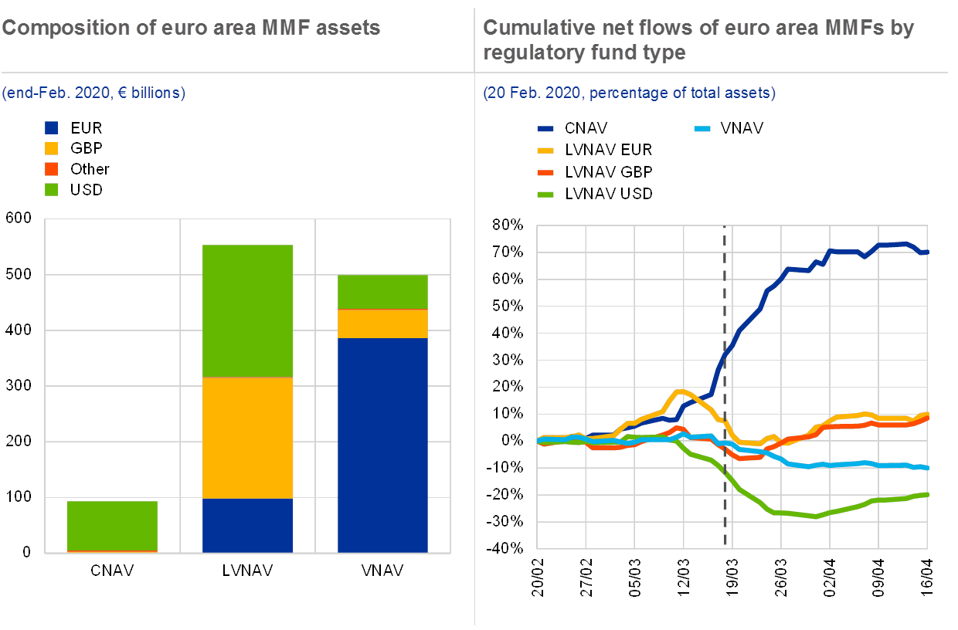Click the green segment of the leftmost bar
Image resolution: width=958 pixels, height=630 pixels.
(x=113, y=526)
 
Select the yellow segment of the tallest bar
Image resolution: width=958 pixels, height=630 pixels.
(x=248, y=438)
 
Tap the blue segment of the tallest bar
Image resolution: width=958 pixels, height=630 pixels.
(x=248, y=525)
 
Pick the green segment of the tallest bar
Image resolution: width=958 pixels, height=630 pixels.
(x=248, y=310)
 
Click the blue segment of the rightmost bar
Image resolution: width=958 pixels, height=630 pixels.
(x=383, y=445)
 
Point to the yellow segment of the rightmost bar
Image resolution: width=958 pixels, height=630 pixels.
(x=383, y=324)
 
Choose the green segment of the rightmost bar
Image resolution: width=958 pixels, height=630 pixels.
(x=383, y=292)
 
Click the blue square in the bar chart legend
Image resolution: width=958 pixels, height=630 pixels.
(x=52, y=128)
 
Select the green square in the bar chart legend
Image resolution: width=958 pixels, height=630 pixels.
(x=52, y=188)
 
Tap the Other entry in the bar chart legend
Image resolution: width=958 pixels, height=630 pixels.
(x=90, y=168)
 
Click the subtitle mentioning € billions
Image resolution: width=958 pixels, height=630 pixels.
(x=93, y=93)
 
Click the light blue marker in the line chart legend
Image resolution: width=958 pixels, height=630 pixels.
(x=704, y=128)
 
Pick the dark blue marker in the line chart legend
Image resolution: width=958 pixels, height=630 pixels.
(x=546, y=128)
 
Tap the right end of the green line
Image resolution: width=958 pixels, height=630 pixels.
(x=926, y=494)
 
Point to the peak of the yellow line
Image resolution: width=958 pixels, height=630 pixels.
(x=679, y=391)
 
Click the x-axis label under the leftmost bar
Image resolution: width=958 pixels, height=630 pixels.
(x=113, y=571)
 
